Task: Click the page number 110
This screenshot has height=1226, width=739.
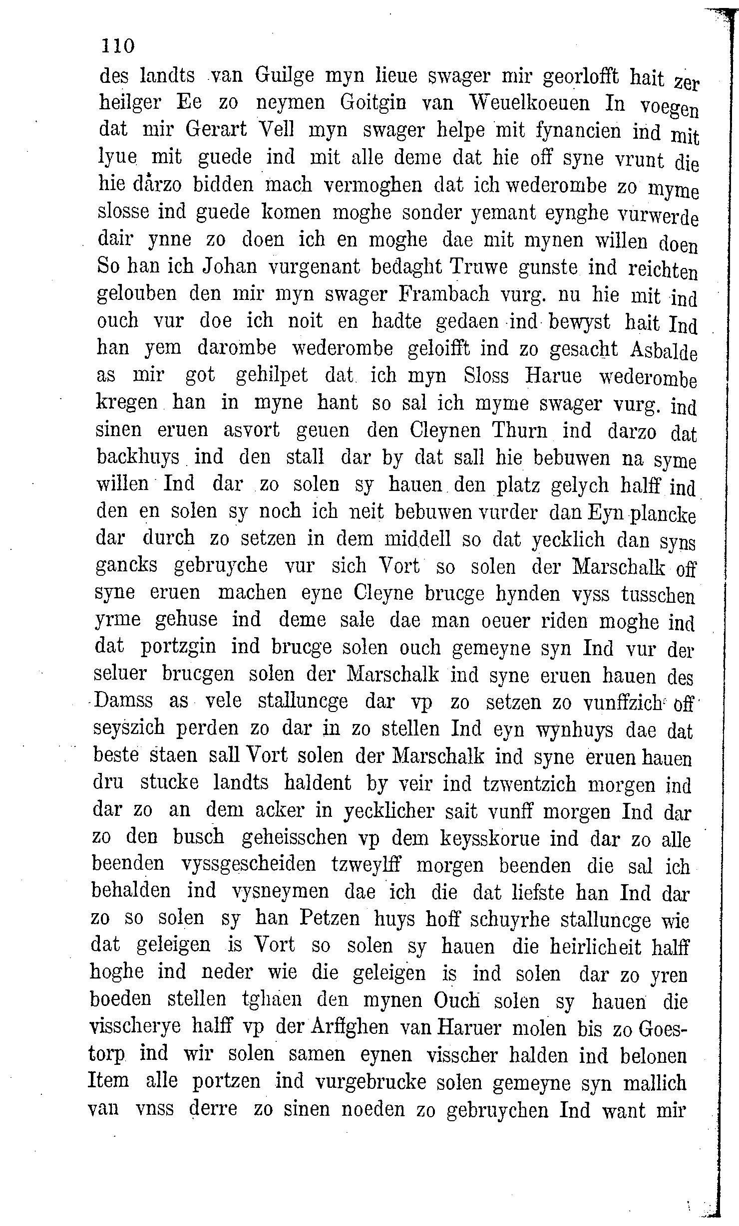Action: (118, 46)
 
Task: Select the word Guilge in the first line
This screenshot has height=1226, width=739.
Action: (285, 76)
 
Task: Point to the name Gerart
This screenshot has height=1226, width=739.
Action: (216, 130)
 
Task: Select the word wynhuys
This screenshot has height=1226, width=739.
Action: (574, 730)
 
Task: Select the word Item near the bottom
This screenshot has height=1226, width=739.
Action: (108, 1081)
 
